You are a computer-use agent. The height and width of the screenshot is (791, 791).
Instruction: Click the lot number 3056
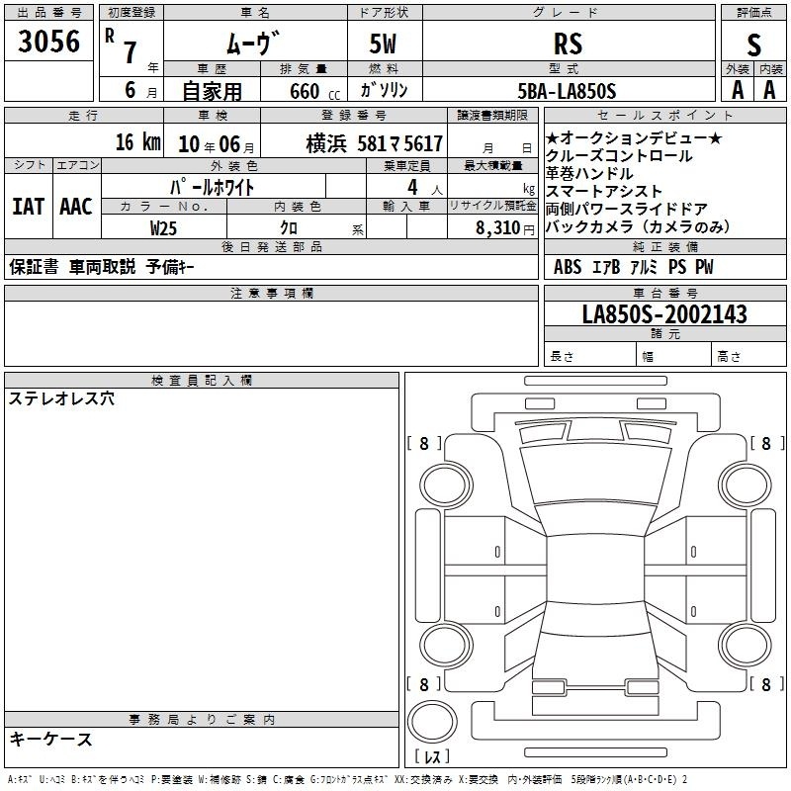click(x=48, y=42)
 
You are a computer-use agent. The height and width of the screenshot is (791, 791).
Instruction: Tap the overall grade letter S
click(x=753, y=44)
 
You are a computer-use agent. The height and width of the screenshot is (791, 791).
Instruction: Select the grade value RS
click(x=568, y=44)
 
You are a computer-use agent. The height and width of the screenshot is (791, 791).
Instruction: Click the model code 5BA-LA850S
click(x=567, y=91)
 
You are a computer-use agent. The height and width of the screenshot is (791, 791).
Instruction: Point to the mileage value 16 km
click(x=137, y=142)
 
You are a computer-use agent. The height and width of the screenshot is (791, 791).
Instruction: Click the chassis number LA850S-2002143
click(x=664, y=314)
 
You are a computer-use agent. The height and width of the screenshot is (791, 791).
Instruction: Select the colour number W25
click(x=163, y=228)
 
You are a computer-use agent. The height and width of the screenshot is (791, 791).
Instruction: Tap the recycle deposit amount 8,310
click(x=497, y=228)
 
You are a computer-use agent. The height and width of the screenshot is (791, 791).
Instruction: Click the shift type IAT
click(x=29, y=207)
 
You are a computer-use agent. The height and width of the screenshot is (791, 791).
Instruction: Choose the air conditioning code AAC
click(x=76, y=207)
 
